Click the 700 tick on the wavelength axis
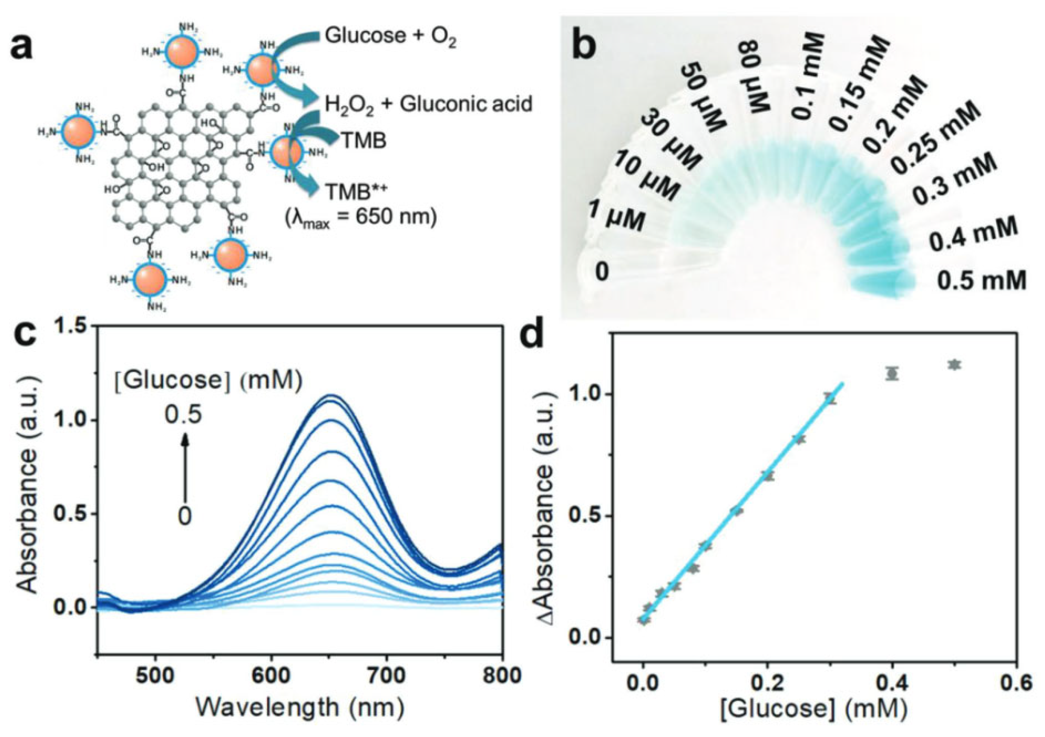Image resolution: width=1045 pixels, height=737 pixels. point(386,676)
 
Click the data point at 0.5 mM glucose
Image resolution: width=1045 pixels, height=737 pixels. point(954,364)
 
